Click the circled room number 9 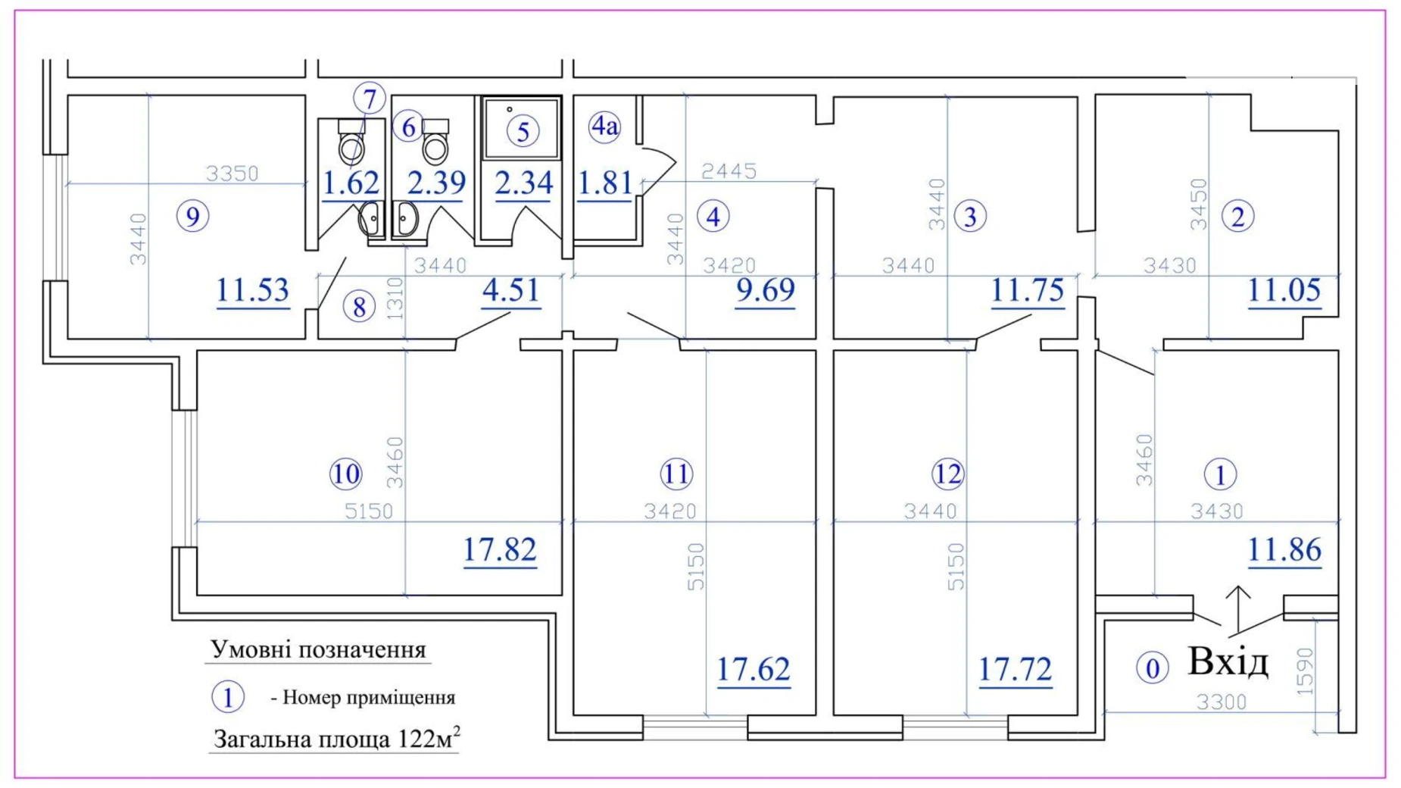tap(192, 217)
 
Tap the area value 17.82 tap(500, 549)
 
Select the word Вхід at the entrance tap(1228, 661)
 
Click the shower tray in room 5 tap(522, 127)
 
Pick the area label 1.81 tap(604, 183)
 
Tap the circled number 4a tap(604, 126)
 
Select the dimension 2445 tap(729, 171)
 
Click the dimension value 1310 tap(396, 298)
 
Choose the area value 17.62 tap(754, 670)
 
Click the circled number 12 tap(947, 474)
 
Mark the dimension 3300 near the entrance tap(1222, 702)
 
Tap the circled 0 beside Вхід tap(1152, 668)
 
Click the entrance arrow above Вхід tap(1238, 609)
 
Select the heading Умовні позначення tap(318, 650)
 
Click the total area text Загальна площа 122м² tap(337, 737)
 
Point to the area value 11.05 tap(1284, 290)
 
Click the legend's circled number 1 tap(227, 697)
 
